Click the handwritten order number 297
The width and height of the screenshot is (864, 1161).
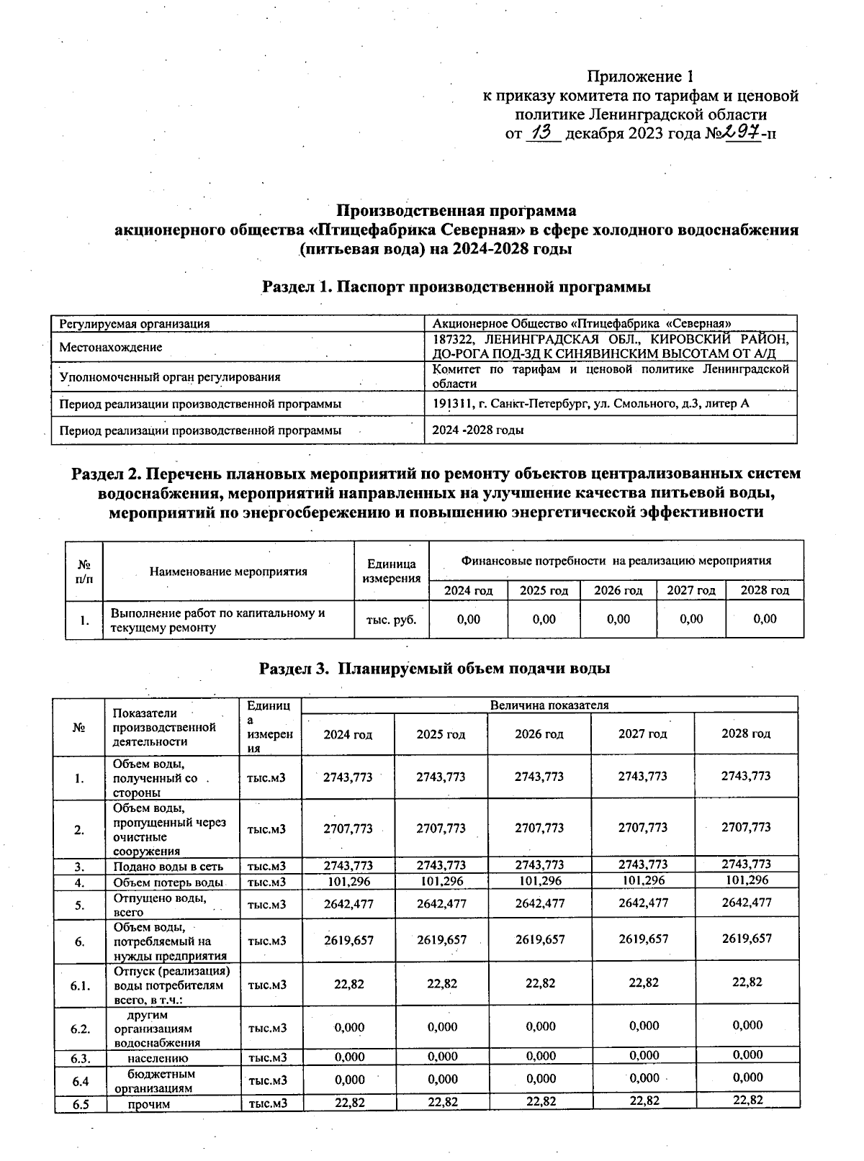pos(742,132)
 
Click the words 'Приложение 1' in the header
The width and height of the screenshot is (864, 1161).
pos(640,76)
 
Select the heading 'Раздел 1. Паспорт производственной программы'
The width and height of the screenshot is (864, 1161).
pos(456,286)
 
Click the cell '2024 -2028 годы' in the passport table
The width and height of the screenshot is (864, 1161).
pos(477,430)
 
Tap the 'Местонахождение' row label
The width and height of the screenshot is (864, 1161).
pos(110,347)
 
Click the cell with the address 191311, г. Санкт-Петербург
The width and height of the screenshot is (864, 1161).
pos(590,404)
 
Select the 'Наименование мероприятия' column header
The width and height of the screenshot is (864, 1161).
pos(228,572)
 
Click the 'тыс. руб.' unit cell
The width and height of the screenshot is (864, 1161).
pos(392,619)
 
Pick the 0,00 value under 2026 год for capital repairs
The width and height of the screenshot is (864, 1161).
pos(618,619)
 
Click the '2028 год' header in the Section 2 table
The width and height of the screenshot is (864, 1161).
pos(765,590)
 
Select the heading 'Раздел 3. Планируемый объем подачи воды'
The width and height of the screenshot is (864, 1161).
pos(435,668)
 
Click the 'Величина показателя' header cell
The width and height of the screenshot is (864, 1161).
pos(549,705)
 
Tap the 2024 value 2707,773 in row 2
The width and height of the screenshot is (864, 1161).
pos(348,828)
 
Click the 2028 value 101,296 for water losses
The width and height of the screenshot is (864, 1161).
pos(746,880)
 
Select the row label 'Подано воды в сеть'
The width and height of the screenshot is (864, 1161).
pos(168,867)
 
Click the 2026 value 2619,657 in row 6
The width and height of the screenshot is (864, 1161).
pos(540,939)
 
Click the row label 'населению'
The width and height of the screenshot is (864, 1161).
pos(158,1058)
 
